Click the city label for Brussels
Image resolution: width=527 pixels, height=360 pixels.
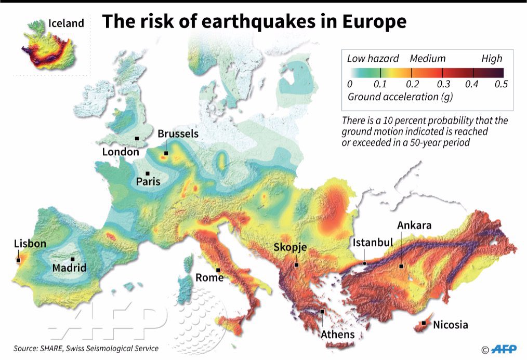[178, 134]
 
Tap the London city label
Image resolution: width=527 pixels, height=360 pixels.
[121, 152]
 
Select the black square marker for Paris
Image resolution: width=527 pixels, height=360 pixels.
[148, 174]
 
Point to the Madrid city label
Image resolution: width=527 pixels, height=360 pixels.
[69, 268]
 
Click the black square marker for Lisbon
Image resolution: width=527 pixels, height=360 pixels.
[18, 260]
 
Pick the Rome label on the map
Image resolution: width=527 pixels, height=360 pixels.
[209, 278]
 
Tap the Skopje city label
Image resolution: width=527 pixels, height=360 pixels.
[292, 247]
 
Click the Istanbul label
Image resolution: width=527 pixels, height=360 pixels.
[373, 243]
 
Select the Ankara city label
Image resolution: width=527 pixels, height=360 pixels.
[414, 225]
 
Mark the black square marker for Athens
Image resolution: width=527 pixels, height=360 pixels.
[323, 312]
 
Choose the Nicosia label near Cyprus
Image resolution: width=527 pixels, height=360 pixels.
[450, 325]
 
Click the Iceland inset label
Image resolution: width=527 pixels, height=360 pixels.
[66, 23]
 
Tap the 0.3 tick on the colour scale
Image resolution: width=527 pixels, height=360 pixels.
[442, 84]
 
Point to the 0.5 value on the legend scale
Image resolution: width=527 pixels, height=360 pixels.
[501, 84]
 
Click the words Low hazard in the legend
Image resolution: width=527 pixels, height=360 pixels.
[373, 59]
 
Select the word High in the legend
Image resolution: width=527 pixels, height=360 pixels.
[492, 59]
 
